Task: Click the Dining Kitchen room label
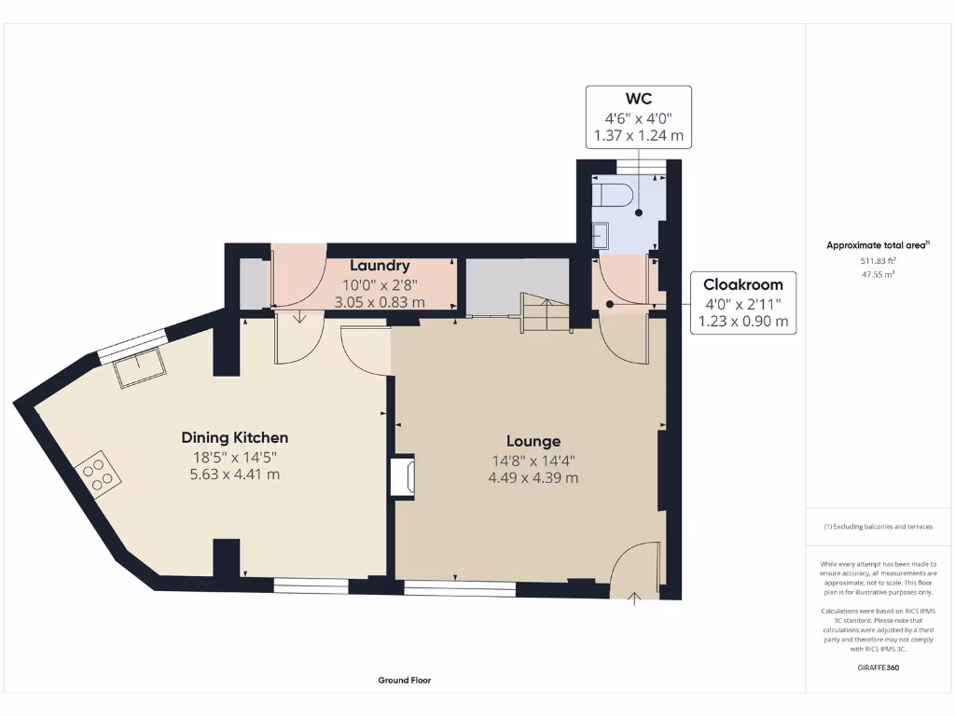(234, 437)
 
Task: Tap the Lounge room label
(533, 441)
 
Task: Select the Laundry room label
(380, 266)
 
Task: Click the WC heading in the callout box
(638, 99)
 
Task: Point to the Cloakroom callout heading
(742, 284)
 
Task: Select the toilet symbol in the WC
(616, 194)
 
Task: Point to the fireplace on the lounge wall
(403, 476)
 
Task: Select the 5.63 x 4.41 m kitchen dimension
(234, 475)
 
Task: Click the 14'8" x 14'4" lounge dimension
(533, 460)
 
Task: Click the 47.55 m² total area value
(877, 275)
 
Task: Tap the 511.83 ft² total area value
(877, 262)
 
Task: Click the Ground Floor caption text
(404, 681)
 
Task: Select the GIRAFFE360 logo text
(878, 668)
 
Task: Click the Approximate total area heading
(877, 245)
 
